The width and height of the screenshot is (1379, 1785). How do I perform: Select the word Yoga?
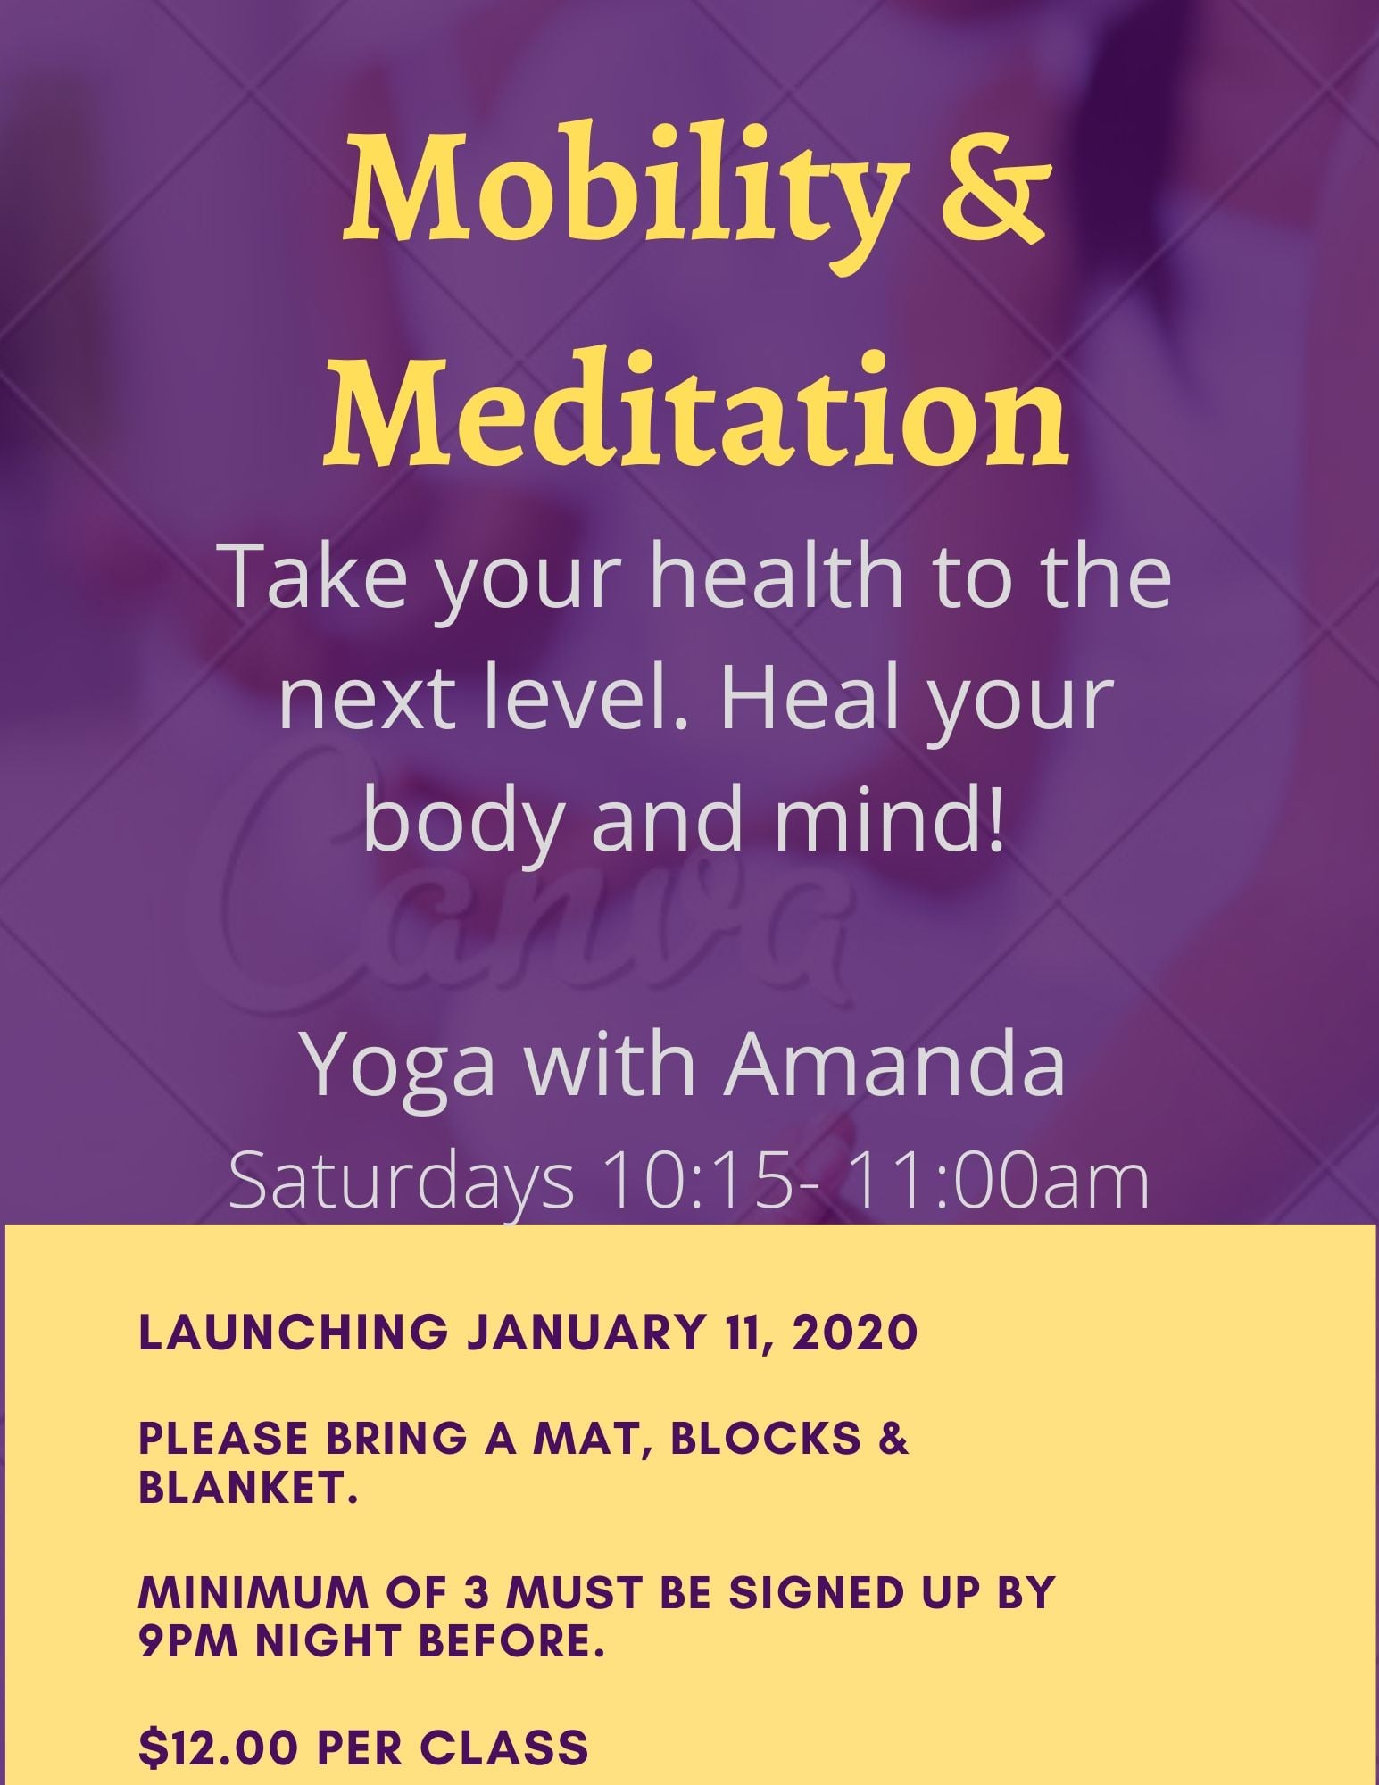click(402, 1067)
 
